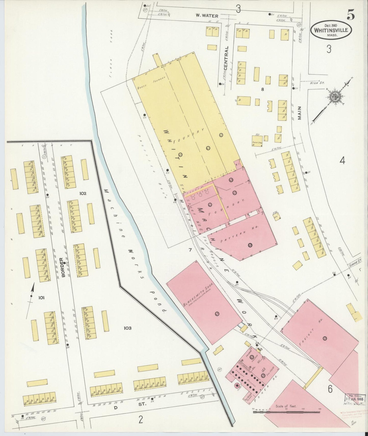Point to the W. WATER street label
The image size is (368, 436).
click(207, 16)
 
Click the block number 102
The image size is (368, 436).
click(83, 193)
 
